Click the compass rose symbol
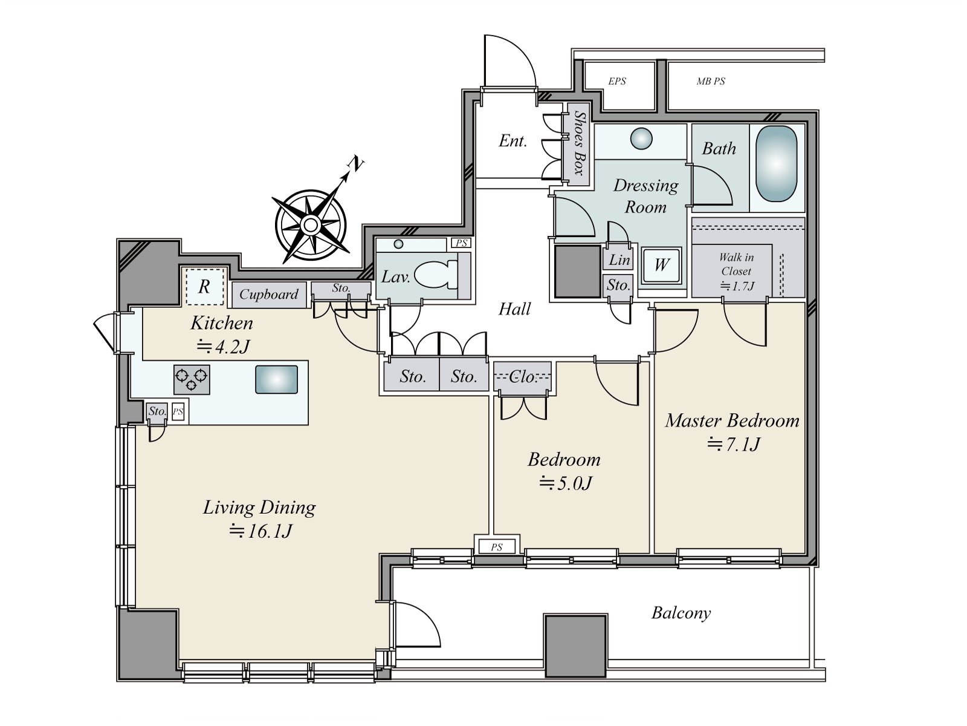(x=311, y=225)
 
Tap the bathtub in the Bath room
(x=777, y=164)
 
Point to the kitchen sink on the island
(x=276, y=379)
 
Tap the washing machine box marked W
(x=661, y=265)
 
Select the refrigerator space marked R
(x=204, y=286)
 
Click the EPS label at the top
(x=617, y=81)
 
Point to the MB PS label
(x=711, y=81)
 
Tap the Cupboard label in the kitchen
(x=268, y=295)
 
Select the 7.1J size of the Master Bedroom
(x=734, y=445)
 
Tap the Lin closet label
(x=619, y=260)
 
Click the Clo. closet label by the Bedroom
(x=523, y=377)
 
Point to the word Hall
(x=514, y=309)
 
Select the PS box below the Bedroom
(x=496, y=547)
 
